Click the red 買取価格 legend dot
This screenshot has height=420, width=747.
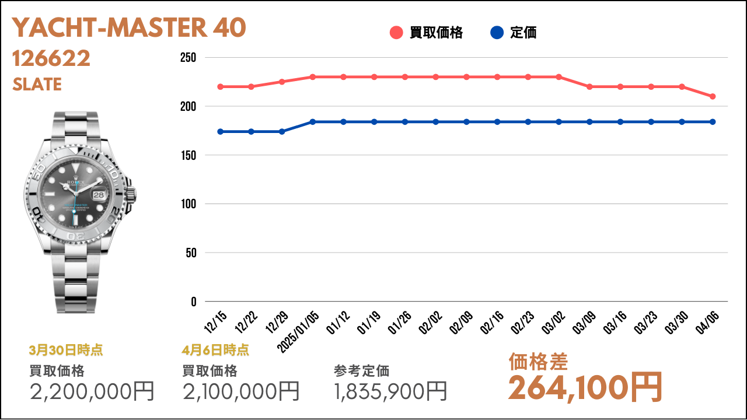coord(397,33)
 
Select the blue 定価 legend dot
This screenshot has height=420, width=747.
coord(497,33)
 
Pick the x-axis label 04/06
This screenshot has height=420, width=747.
coord(706,322)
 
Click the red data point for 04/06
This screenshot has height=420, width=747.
coord(713,96)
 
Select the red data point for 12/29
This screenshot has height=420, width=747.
coord(282,82)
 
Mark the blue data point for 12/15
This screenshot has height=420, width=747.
coord(221,132)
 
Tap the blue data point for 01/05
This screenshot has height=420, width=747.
coord(313,122)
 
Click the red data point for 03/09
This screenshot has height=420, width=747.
coord(589,87)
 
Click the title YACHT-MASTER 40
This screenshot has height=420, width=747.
coord(129,27)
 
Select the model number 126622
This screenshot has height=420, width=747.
coord(51,58)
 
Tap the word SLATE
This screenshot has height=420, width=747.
coord(37,85)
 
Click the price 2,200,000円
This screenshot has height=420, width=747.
coord(92,391)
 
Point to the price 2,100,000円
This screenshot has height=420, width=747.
coord(241,391)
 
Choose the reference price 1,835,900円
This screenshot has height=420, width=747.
coord(391,391)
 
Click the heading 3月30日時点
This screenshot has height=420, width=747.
coord(66,351)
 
